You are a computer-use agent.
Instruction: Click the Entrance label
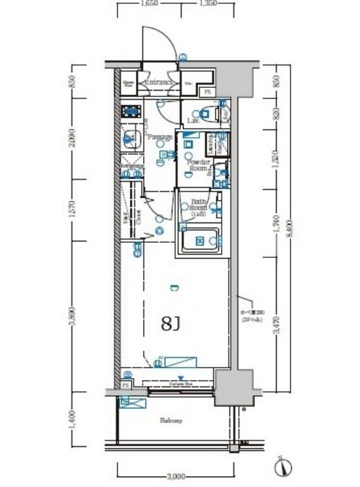coord(158,83)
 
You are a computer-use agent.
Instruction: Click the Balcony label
coord(170,421)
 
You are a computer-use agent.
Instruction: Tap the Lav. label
coord(193,121)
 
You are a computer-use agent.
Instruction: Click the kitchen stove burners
coord(130,110)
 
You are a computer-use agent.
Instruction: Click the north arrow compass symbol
coord(281,467)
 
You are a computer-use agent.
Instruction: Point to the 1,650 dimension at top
coord(149,4)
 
